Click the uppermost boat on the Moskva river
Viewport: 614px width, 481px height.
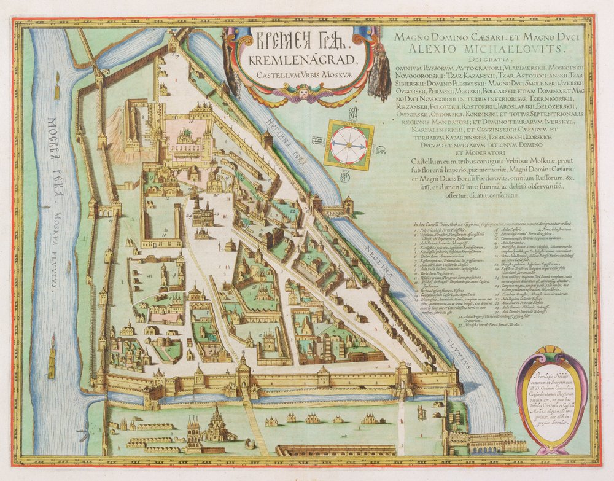coord(57,89)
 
